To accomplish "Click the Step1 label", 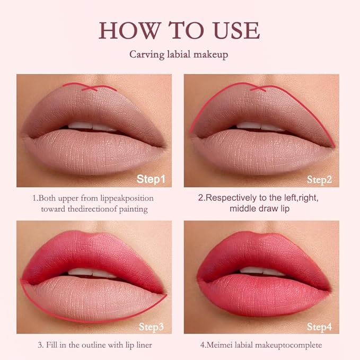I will [151, 179].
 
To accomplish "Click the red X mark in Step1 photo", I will [89, 88].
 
